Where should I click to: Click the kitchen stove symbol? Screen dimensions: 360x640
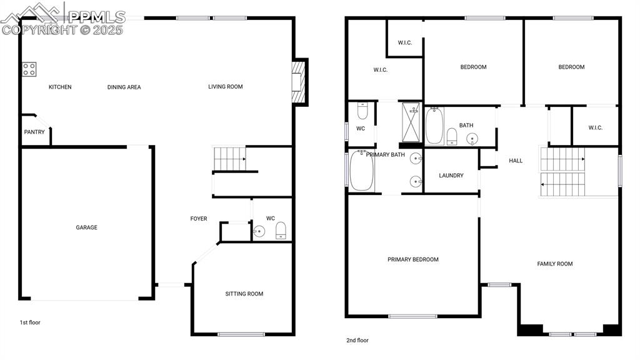coord(29,69)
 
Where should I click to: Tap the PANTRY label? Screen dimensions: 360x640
coord(34,132)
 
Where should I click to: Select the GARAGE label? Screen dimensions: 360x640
coord(87,227)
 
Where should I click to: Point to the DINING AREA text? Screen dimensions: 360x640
coord(124,87)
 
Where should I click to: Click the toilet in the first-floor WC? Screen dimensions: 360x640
coord(281,231)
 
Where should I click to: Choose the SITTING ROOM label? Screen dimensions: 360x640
coord(244,294)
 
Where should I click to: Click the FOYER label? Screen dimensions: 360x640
coord(199,219)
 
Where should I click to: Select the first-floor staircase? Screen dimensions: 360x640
coord(229,159)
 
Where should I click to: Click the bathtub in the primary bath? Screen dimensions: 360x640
coord(361,171)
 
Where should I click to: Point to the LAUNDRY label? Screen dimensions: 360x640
coord(451,176)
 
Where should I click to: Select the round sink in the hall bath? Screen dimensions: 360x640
coord(472,138)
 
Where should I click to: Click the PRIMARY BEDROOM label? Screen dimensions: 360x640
coord(413,259)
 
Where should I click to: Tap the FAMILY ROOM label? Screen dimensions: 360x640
coord(555,264)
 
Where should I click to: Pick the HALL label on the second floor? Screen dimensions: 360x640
coord(516,161)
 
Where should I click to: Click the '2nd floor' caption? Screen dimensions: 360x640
coord(357,341)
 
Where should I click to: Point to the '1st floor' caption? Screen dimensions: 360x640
coord(30,322)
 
